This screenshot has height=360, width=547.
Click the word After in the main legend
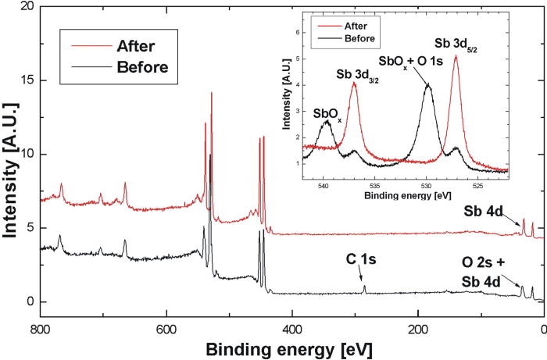click(x=135, y=45)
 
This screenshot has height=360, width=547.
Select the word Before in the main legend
click(x=141, y=66)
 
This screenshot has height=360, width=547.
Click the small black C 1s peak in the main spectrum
click(x=364, y=287)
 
